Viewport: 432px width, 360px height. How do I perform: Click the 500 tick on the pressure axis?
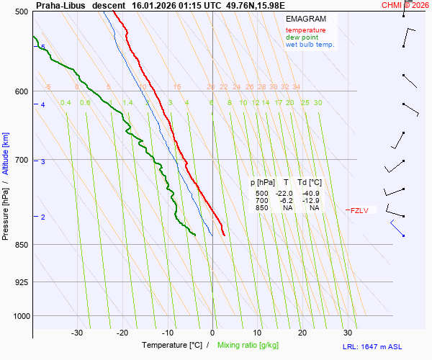click(21, 12)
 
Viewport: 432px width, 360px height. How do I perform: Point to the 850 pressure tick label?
click(21, 245)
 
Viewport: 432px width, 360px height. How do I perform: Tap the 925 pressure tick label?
click(21, 282)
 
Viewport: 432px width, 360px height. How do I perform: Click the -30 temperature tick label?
click(77, 333)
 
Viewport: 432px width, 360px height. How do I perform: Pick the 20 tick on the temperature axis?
click(302, 333)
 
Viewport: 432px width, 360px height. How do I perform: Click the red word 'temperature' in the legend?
click(305, 30)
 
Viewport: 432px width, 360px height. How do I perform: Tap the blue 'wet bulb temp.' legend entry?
click(310, 45)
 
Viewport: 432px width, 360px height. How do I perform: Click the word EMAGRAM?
click(305, 19)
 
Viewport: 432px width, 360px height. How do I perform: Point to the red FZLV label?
click(359, 210)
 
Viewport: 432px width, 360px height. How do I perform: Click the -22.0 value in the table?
click(284, 194)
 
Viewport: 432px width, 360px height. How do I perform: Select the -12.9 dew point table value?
click(311, 201)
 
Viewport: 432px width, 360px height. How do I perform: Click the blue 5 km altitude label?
click(43, 48)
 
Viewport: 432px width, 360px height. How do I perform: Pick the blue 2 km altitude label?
click(43, 217)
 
